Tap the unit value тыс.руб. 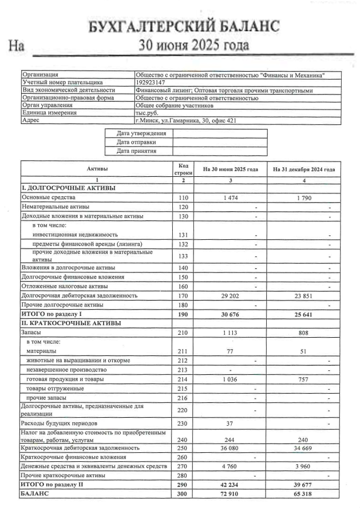pyautogui.click(x=148, y=113)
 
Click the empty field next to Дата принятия pyautogui.click(x=219, y=152)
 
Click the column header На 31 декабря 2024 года pyautogui.click(x=303, y=169)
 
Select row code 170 pyautogui.click(x=183, y=296)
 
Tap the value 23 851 pyautogui.click(x=303, y=296)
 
